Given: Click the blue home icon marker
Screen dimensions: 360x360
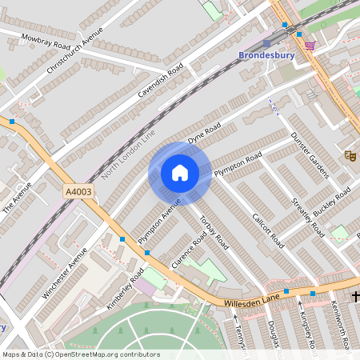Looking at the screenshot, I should click(x=180, y=173).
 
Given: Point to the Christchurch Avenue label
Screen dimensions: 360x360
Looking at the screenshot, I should click(x=75, y=50).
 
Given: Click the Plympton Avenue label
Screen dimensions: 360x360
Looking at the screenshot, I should click(x=160, y=225).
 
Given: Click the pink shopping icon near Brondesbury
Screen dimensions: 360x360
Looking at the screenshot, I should click(x=310, y=46).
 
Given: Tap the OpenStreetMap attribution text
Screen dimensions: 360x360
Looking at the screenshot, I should click(x=81, y=354).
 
